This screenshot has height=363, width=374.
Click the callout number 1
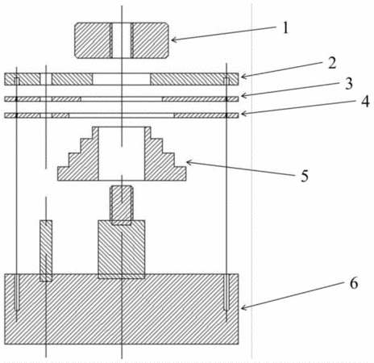(x=285, y=28)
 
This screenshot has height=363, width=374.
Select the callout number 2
(x=332, y=64)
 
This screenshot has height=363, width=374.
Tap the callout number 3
(x=349, y=84)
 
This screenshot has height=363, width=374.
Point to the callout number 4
(x=365, y=102)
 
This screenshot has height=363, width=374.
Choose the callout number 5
(x=305, y=176)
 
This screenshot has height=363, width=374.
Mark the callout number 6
(x=354, y=283)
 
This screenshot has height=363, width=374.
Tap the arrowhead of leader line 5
(x=189, y=162)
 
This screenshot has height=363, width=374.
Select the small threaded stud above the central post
(x=122, y=205)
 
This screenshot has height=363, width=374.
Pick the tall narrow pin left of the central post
(x=46, y=251)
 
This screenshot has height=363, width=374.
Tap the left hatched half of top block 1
(x=93, y=40)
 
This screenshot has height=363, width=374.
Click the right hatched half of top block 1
(x=150, y=40)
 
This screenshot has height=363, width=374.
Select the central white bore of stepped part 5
(x=122, y=153)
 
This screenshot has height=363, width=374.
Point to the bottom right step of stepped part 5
(x=180, y=173)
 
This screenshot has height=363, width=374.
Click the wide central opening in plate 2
(x=122, y=79)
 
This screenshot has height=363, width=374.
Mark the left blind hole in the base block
(x=17, y=292)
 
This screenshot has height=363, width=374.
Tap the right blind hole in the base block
(x=226, y=292)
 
